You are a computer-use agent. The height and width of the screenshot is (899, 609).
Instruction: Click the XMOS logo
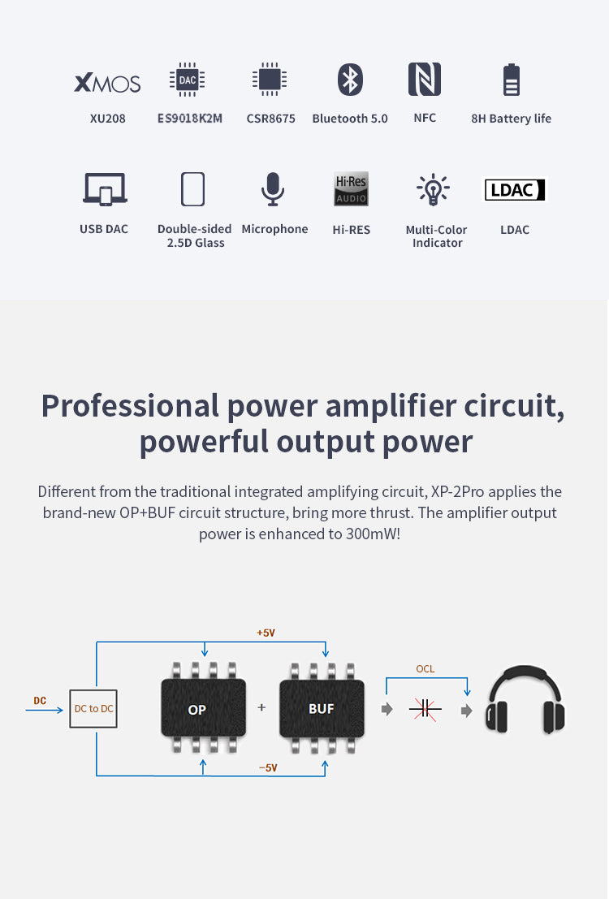[107, 83]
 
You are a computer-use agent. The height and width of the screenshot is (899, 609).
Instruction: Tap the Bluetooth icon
[350, 80]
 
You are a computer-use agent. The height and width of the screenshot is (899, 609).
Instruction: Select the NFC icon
[425, 79]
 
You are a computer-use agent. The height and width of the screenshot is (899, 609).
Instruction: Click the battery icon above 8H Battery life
[512, 80]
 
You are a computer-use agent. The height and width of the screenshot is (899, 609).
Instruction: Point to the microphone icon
[273, 189]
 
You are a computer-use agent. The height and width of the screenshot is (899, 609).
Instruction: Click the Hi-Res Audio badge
[351, 189]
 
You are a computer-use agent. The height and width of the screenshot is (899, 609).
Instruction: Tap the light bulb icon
[433, 189]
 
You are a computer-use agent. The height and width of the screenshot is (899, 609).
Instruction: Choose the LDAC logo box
[515, 189]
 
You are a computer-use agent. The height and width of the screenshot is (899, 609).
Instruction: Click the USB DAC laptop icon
[105, 189]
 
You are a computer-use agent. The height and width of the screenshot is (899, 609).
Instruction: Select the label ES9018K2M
[189, 119]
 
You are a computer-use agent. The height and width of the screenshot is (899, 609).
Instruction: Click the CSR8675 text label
[270, 119]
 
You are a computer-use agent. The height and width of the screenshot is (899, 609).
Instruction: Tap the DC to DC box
[93, 708]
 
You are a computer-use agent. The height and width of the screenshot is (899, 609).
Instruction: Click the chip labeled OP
[197, 709]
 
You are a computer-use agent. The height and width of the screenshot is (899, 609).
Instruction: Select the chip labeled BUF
[322, 708]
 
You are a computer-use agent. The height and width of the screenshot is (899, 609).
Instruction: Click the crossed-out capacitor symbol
[425, 709]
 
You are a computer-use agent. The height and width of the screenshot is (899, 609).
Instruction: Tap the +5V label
[266, 632]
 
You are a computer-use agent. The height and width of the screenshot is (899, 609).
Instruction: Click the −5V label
[268, 767]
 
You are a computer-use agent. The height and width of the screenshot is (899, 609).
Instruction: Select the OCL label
[425, 669]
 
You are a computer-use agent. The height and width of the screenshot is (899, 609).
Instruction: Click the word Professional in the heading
[130, 405]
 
